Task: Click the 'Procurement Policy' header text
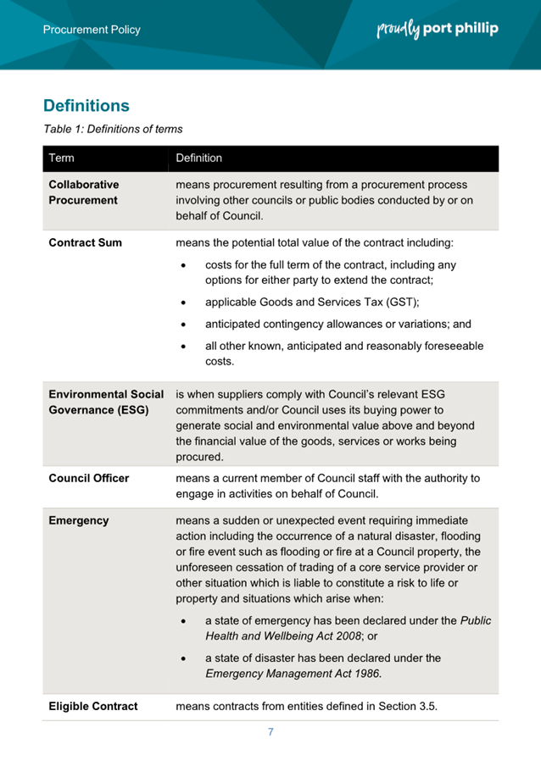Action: click(x=92, y=30)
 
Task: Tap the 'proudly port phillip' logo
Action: click(x=437, y=29)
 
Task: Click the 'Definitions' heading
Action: click(x=86, y=106)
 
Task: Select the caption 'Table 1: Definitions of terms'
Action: click(x=113, y=130)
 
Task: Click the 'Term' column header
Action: click(x=61, y=158)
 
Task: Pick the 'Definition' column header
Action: click(x=199, y=158)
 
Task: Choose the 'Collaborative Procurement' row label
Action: click(x=83, y=192)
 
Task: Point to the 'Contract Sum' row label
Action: click(x=85, y=243)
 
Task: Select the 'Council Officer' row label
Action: click(x=88, y=479)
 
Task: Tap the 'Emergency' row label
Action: click(x=78, y=521)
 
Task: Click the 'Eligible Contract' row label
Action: click(x=92, y=706)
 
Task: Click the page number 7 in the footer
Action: click(x=270, y=732)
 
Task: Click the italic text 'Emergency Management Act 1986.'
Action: click(x=293, y=675)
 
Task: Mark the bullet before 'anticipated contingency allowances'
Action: click(x=186, y=325)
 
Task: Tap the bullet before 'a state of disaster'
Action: click(x=186, y=658)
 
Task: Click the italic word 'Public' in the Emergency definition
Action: click(x=475, y=620)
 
